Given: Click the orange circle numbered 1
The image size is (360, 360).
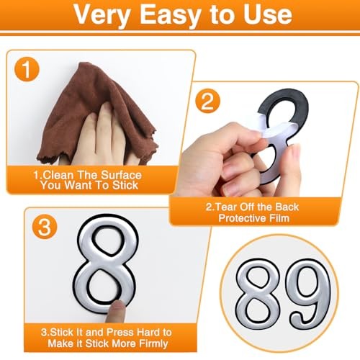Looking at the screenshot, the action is pyautogui.click(x=27, y=69).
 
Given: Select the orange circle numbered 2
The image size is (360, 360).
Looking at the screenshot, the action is pyautogui.click(x=207, y=101).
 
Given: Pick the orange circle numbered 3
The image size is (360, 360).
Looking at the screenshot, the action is pyautogui.click(x=45, y=227).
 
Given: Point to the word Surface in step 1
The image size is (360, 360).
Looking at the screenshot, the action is pyautogui.click(x=121, y=175).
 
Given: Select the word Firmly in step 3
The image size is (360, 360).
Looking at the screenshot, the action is pyautogui.click(x=153, y=343).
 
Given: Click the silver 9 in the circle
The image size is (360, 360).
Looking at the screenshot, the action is pyautogui.click(x=310, y=294).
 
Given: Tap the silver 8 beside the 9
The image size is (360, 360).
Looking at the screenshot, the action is pyautogui.click(x=258, y=294).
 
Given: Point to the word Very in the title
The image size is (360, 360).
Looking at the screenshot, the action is pyautogui.click(x=102, y=15).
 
